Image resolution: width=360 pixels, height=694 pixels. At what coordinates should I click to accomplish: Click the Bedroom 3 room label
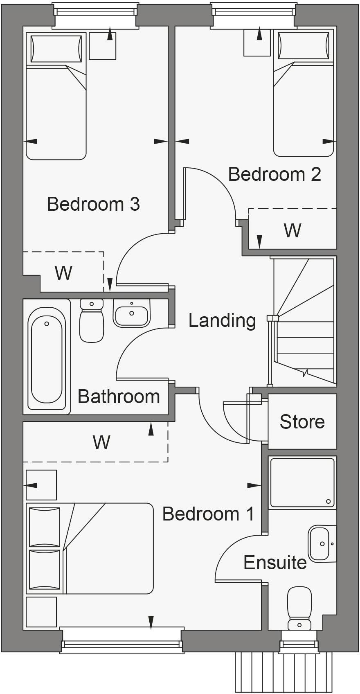tap(93, 204)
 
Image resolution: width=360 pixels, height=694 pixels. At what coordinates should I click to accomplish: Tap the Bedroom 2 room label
tap(274, 174)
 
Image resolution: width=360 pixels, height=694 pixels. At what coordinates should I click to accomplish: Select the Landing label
tap(222, 320)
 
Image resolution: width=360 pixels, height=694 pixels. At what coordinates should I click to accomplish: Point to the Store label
tap(302, 421)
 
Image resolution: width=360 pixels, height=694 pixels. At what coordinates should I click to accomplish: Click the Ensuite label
tap(275, 563)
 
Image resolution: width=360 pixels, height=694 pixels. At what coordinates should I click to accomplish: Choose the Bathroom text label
tap(119, 397)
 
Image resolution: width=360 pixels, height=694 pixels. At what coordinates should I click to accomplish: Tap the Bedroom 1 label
tap(208, 514)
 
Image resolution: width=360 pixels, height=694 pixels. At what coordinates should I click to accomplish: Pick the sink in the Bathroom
tap(131, 313)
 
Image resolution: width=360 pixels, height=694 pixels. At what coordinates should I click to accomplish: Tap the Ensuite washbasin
tap(319, 544)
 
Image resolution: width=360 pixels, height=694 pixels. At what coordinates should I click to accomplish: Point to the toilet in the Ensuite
tap(299, 608)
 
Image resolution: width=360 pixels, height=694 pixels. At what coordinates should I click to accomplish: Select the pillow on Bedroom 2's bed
tap(303, 45)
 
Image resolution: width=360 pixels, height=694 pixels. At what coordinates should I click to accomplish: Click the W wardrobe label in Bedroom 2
tap(292, 230)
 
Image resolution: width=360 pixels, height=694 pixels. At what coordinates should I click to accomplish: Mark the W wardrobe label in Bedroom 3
tap(63, 273)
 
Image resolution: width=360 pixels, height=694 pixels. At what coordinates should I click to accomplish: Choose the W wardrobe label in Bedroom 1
tap(101, 442)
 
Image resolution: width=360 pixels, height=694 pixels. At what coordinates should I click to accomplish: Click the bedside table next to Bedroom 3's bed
tap(102, 46)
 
